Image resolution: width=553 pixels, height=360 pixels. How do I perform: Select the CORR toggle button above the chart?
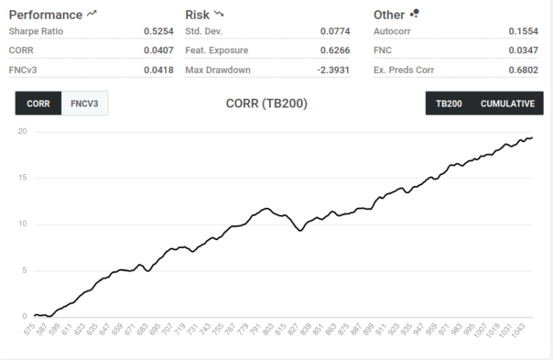pos(38,104)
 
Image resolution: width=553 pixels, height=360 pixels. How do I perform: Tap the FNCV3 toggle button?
pos(84,104)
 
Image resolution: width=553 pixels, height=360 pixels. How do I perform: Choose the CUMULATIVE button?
pos(508,104)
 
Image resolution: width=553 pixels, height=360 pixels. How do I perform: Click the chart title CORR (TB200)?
pos(267,104)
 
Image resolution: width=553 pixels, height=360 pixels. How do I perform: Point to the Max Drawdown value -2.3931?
pos(333,70)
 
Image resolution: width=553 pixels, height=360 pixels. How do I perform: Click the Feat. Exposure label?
pos(216,51)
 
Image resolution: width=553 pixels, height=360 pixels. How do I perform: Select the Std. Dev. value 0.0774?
pos(335,31)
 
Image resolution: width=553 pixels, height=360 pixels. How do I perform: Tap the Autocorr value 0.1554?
pos(523,31)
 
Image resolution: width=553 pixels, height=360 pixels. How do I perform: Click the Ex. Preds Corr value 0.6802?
pos(523,70)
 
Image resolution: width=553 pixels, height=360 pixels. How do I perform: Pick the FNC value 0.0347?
pos(523,51)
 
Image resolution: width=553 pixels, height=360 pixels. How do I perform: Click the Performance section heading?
pos(45,14)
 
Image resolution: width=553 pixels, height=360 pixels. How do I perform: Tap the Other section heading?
pos(389,14)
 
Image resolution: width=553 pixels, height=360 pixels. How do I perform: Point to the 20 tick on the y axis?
pos(23,131)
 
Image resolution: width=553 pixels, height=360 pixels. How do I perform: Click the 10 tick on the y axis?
pos(23,224)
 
